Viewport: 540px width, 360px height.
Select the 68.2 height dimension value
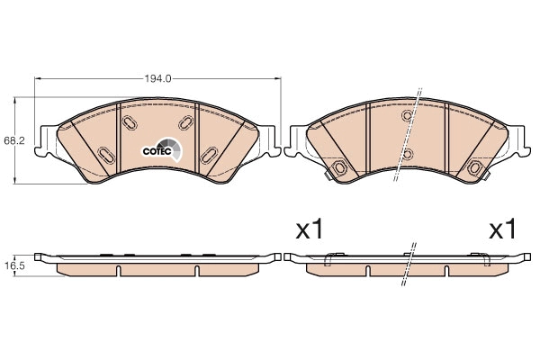point(13,141)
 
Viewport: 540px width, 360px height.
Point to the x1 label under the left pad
point(310,230)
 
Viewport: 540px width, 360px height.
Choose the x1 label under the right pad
point(501,230)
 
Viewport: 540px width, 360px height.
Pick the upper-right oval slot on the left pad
point(186,122)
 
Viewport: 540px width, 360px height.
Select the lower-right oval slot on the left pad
point(209,155)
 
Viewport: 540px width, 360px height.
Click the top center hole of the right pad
point(407,116)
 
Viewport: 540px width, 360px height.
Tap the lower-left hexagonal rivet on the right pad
point(340,169)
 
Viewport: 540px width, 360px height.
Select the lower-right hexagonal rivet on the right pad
point(473,169)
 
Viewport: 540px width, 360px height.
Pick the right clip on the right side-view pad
point(483,261)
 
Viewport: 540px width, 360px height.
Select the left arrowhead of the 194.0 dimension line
point(38,79)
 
